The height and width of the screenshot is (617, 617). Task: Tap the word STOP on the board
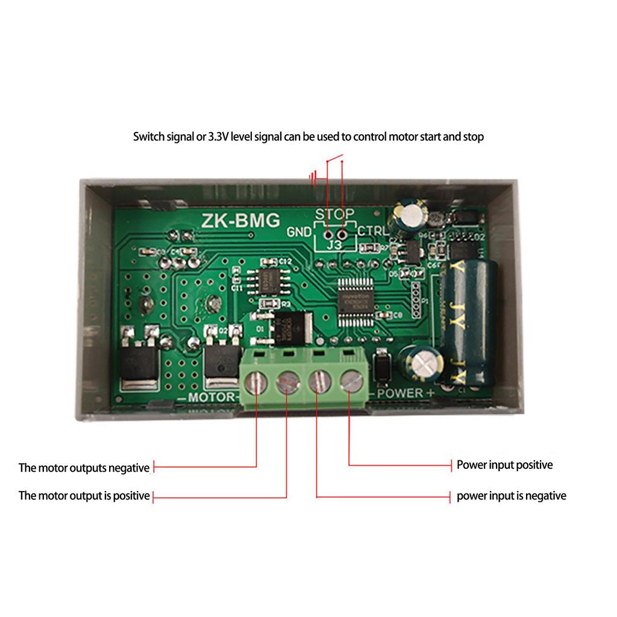click(x=334, y=214)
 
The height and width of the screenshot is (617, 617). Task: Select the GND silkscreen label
click(x=299, y=232)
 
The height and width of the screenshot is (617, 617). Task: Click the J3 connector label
click(x=334, y=246)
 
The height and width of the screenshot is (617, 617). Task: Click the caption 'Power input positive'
click(x=504, y=465)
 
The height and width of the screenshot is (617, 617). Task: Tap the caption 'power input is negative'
click(x=511, y=496)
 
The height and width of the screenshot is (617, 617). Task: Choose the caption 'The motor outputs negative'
click(x=84, y=468)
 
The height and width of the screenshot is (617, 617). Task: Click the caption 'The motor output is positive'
click(x=84, y=496)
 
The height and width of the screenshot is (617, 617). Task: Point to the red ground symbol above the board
click(x=313, y=178)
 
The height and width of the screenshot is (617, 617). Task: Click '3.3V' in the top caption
click(x=218, y=137)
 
